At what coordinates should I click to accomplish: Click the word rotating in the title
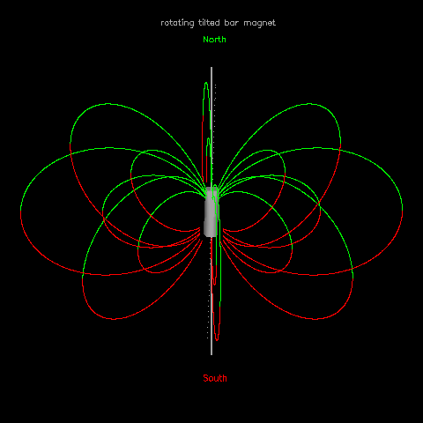(x=177, y=23)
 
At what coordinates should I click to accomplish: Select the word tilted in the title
(x=209, y=23)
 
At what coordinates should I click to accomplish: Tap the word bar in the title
(x=232, y=23)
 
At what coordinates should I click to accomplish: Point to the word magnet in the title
(x=260, y=23)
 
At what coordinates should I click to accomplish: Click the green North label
(x=214, y=40)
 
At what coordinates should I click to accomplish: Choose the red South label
(x=215, y=378)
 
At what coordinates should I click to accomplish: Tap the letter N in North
(x=205, y=40)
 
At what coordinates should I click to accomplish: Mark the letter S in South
(x=206, y=378)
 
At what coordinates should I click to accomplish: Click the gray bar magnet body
(x=211, y=211)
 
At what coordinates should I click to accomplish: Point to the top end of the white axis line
(x=211, y=68)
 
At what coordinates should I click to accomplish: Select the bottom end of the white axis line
(x=211, y=354)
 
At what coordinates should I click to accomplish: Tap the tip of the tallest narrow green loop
(x=206, y=83)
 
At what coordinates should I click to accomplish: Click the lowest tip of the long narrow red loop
(x=217, y=340)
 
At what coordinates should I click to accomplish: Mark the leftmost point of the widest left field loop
(x=20, y=211)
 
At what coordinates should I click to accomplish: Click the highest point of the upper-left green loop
(x=108, y=104)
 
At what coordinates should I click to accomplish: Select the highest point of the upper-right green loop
(x=309, y=104)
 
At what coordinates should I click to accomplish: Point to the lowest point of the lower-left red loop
(x=114, y=319)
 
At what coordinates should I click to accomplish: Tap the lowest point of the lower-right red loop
(x=315, y=319)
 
